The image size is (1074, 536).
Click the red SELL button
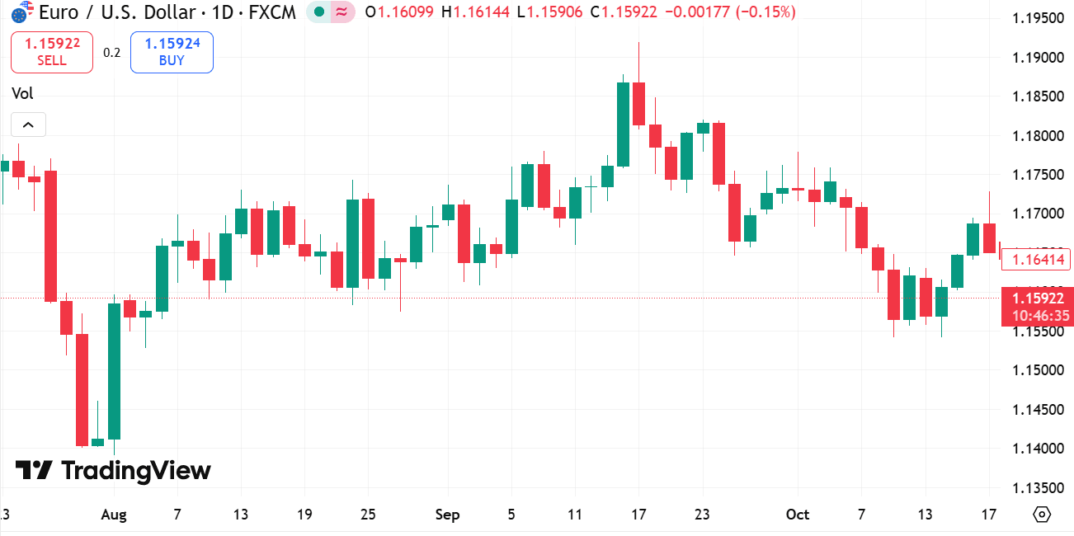pos(51,52)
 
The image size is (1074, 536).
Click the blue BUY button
pos(172,52)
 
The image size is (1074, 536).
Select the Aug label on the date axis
pos(113,515)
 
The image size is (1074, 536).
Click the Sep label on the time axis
pos(447,515)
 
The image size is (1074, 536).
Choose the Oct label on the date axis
pos(798,515)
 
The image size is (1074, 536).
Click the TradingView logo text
pos(113,471)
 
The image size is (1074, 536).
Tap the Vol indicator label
pos(22,93)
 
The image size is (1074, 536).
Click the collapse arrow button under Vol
pos(28,125)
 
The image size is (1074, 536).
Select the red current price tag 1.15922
pos(1037,299)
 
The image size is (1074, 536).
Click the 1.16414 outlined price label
pos(1035,261)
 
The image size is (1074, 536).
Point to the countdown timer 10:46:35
pos(1037,316)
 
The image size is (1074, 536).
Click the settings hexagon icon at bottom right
pos(1042,515)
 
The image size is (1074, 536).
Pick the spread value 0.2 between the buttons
pos(111,53)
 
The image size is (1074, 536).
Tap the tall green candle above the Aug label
pos(114,371)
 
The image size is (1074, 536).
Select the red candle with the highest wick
pos(638,103)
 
